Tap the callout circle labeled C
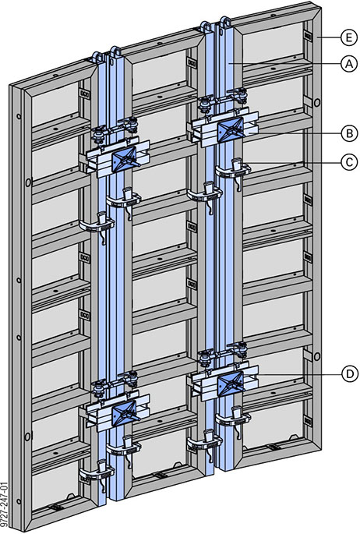[348, 161]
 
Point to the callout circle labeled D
[348, 374]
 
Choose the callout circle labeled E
[348, 36]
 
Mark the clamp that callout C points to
[234, 168]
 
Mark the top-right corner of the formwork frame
[320, 7]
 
